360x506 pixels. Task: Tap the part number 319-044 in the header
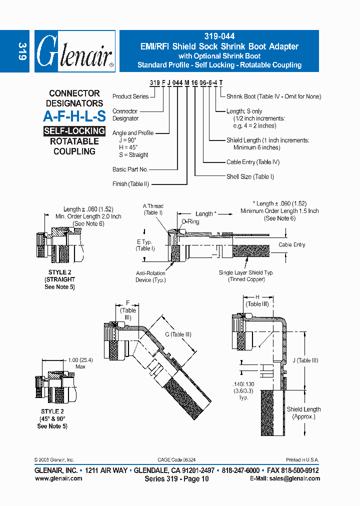pos(219,36)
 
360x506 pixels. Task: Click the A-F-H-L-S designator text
pos(74,116)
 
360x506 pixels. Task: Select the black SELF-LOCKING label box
pos(74,131)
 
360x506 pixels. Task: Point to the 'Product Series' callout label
pos(130,96)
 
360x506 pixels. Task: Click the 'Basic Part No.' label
pos(130,169)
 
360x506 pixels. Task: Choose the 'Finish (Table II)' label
pos(130,184)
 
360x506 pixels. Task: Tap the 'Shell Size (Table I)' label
pos(250,176)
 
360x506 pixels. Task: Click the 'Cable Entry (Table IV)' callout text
pos(253,162)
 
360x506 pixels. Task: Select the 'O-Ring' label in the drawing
pos(190,221)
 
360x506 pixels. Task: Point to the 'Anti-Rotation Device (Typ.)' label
pos(150,276)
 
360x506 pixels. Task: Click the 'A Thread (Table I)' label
pos(153,209)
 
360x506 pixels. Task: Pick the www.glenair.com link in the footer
pos(58,478)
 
